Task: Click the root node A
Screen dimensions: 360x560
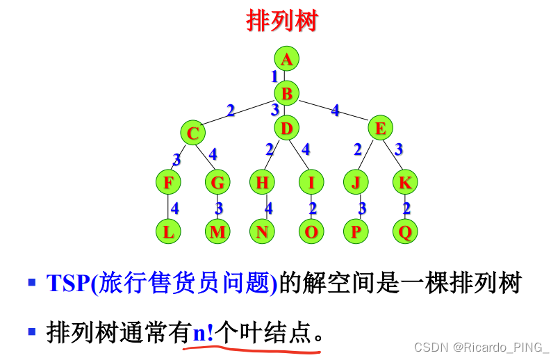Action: coord(286,59)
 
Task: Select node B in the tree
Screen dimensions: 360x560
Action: coord(286,92)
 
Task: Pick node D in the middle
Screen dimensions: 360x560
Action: coord(286,128)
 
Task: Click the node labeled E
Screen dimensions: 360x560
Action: coord(380,128)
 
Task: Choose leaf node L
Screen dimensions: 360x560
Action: coord(168,231)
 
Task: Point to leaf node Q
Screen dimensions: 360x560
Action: coord(404,231)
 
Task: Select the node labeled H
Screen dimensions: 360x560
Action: coord(262,182)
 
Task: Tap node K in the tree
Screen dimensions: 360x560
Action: coord(404,182)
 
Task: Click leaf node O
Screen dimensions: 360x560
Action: coord(311,231)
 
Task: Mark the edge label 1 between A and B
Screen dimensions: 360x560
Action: coord(274,76)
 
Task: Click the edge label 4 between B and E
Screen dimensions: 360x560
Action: coord(335,109)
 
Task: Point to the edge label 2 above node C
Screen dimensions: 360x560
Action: coord(231,109)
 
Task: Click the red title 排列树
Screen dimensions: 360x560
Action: coord(281,21)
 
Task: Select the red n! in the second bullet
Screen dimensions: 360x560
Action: coord(204,332)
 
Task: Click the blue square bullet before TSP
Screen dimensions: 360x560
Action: coord(31,283)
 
